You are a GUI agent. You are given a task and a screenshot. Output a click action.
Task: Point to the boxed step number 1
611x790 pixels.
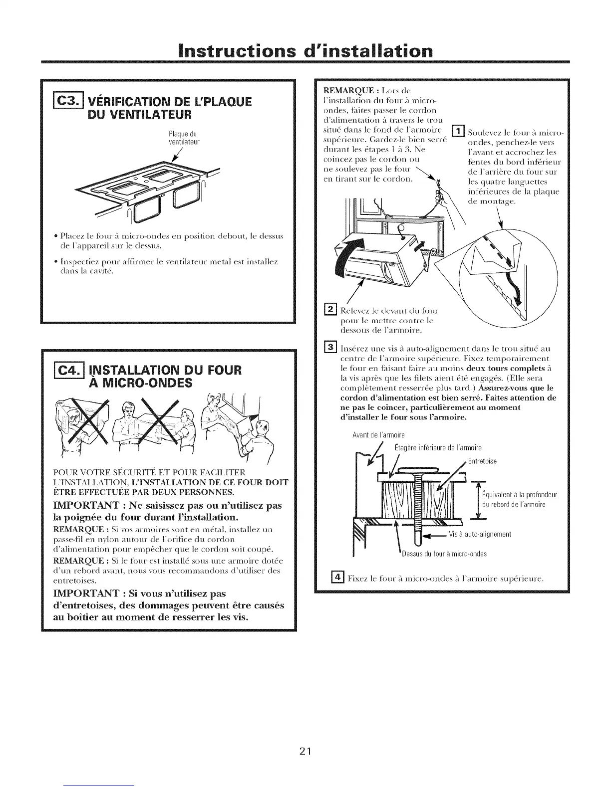click(458, 132)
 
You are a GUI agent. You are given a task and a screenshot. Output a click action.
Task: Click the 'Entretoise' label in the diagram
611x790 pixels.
click(482, 461)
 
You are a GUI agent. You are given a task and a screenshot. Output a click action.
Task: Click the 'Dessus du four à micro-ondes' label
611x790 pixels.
click(444, 554)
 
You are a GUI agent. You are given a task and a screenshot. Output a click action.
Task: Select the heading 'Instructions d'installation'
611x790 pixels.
click(305, 51)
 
